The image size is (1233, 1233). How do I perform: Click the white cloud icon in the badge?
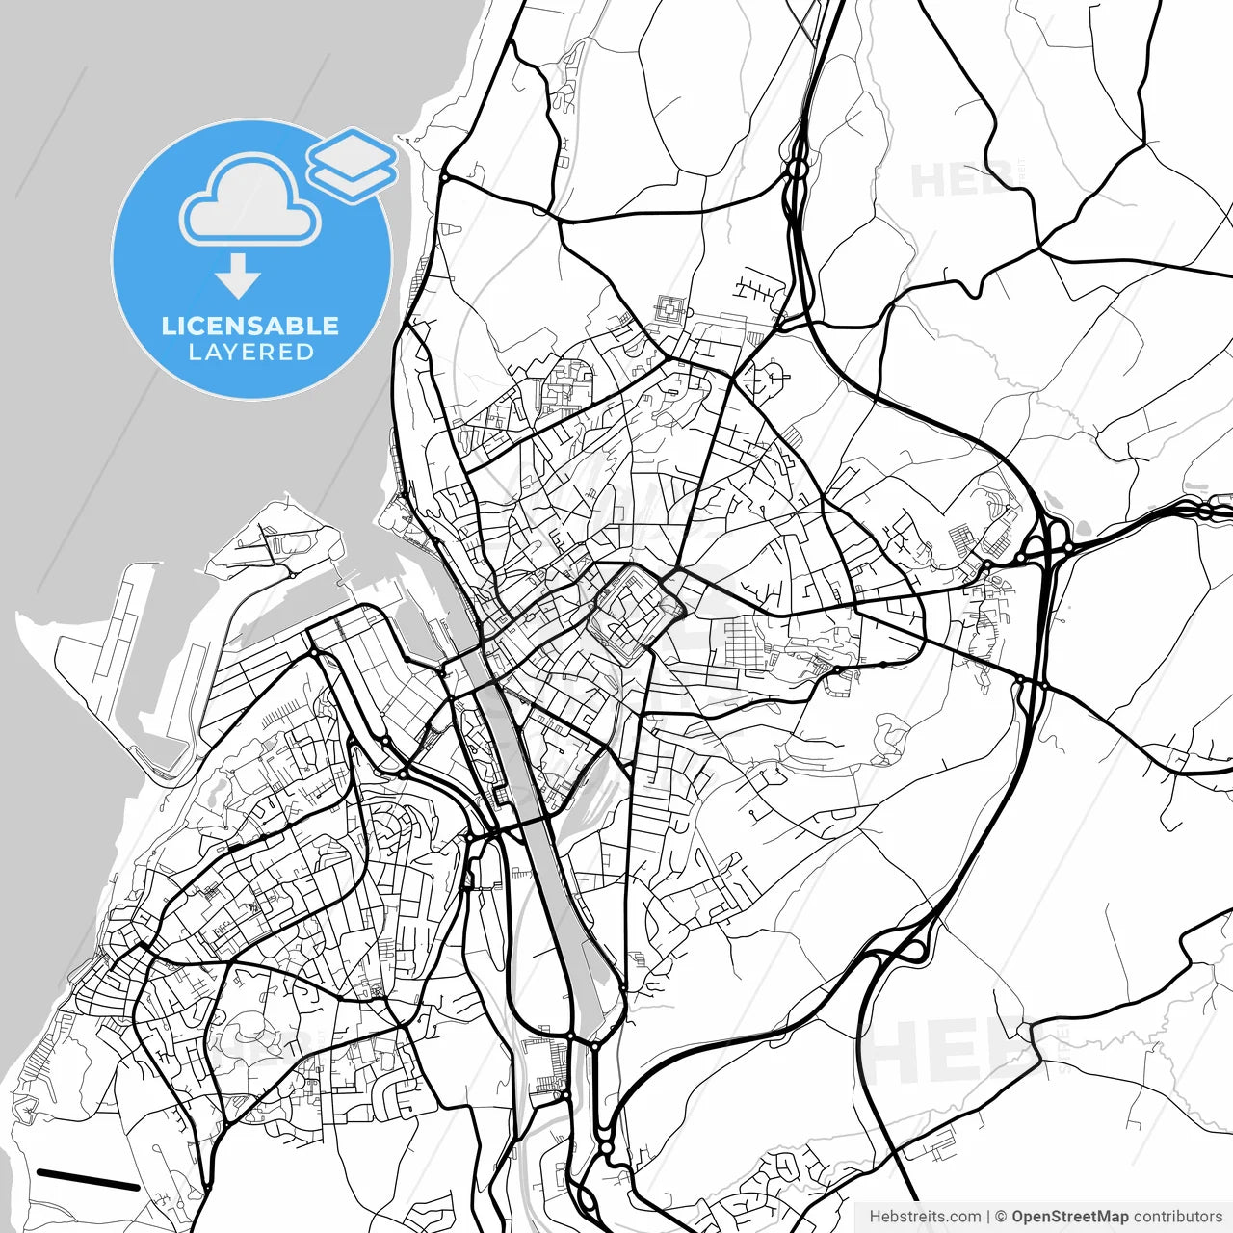tap(250, 201)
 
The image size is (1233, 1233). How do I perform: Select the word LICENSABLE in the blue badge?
tap(250, 326)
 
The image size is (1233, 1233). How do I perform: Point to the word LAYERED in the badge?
tap(250, 353)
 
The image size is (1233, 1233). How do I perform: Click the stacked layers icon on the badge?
tap(352, 165)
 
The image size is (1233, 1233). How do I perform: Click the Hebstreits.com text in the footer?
tap(925, 1217)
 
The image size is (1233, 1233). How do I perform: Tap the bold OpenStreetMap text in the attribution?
tap(1069, 1217)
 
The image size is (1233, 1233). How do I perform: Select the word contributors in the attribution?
tap(1177, 1217)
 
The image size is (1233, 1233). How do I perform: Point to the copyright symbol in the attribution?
tap(1002, 1217)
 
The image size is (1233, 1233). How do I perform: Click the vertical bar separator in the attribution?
tap(989, 1217)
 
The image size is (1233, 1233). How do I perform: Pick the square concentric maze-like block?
tap(670, 311)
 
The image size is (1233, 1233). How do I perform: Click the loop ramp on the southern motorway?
tap(911, 950)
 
